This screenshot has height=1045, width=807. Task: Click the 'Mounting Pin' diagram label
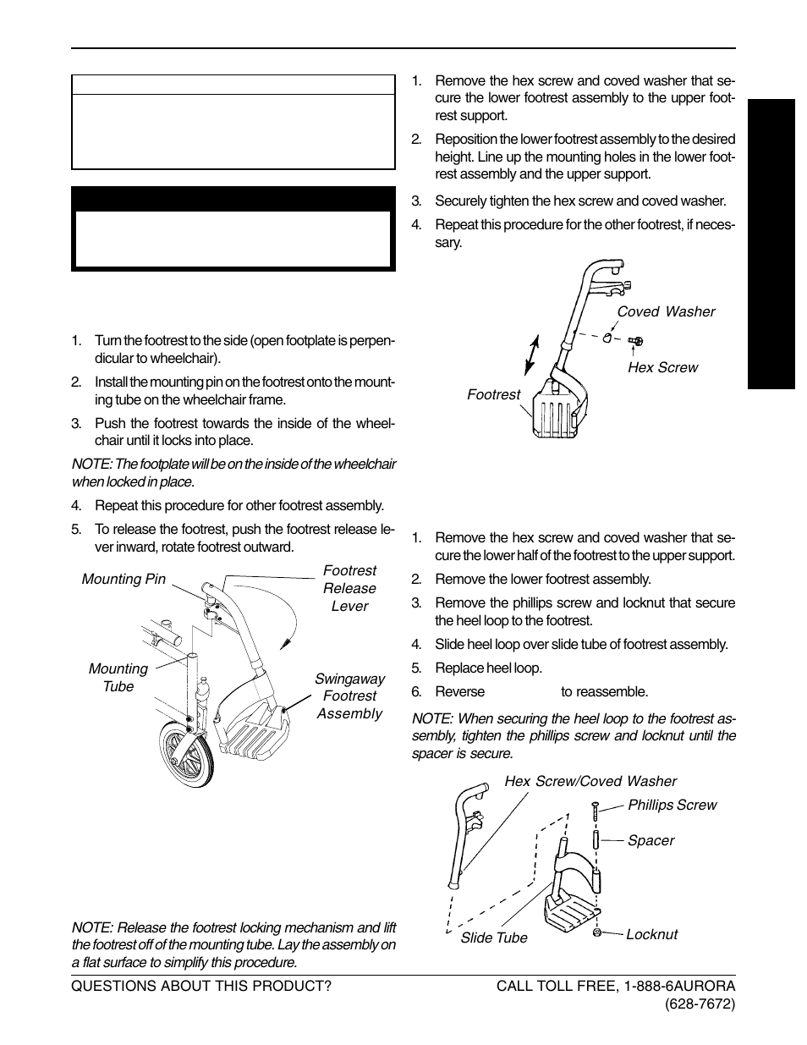pyautogui.click(x=124, y=579)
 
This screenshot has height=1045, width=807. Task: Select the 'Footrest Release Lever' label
pyautogui.click(x=349, y=588)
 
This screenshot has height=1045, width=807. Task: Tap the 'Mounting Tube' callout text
pyautogui.click(x=118, y=677)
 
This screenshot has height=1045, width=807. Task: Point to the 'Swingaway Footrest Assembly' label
pyautogui.click(x=349, y=696)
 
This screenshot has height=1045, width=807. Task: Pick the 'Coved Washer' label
pyautogui.click(x=666, y=311)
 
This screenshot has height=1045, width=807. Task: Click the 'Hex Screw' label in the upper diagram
pyautogui.click(x=662, y=367)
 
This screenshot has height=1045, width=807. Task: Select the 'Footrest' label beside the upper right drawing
pyautogui.click(x=493, y=394)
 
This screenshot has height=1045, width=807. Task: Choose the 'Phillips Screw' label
pyautogui.click(x=672, y=805)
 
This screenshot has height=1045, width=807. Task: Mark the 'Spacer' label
pyautogui.click(x=651, y=840)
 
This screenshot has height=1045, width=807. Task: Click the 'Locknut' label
pyautogui.click(x=651, y=934)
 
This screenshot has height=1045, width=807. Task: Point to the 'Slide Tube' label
pyautogui.click(x=494, y=938)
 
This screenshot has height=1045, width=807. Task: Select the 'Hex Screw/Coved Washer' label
pyautogui.click(x=590, y=781)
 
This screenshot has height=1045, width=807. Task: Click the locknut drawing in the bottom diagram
pyautogui.click(x=598, y=932)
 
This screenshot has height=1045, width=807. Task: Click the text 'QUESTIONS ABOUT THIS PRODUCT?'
pyautogui.click(x=201, y=986)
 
